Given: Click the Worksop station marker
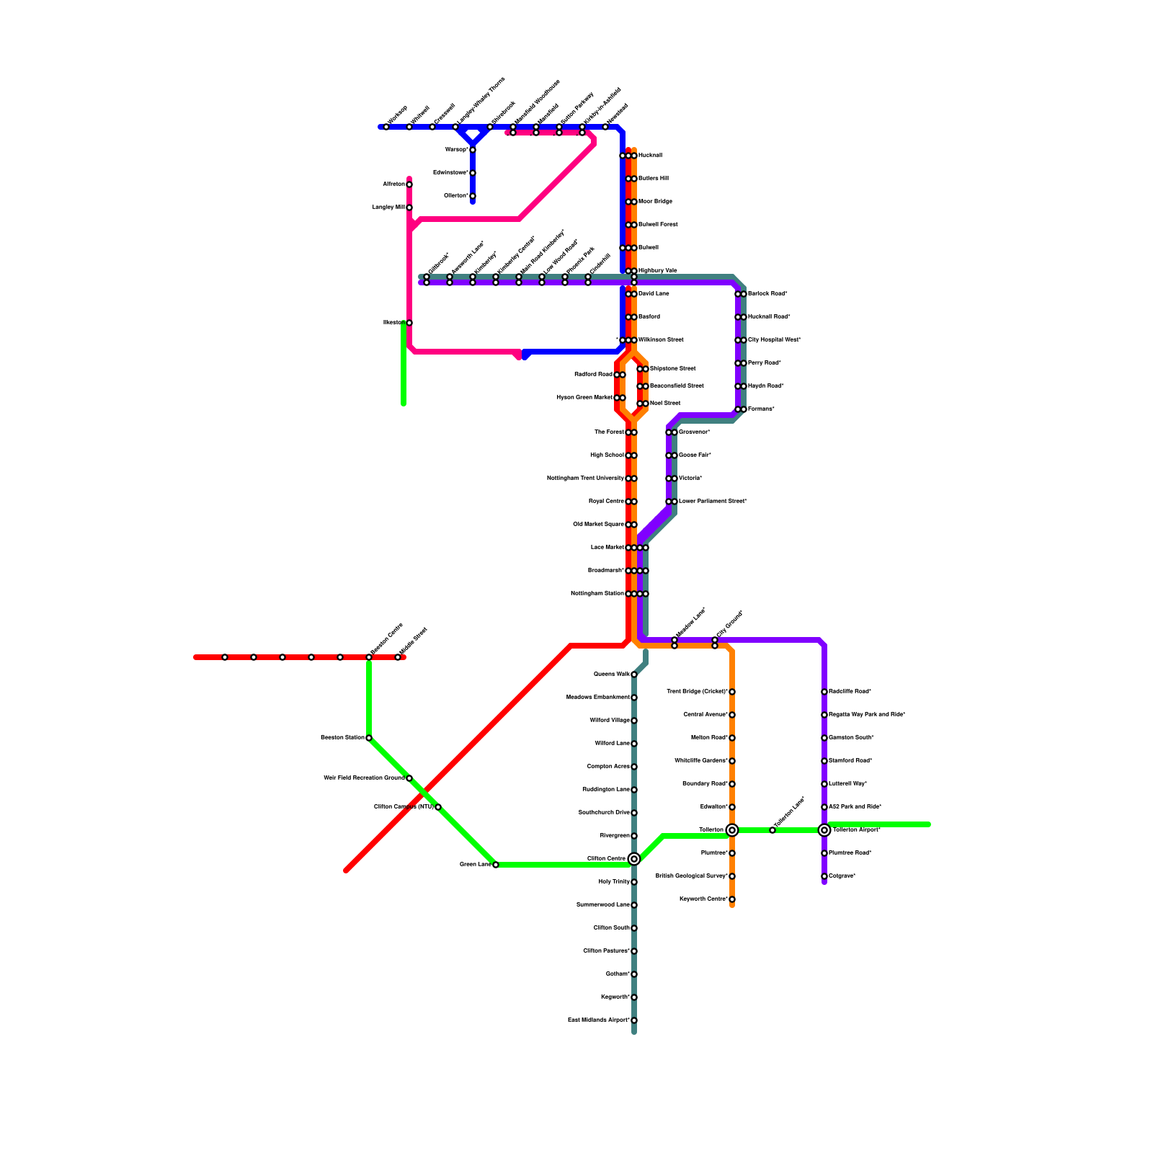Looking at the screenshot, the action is coord(386,127).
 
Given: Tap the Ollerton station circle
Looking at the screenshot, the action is coord(473,196).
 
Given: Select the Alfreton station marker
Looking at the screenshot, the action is coord(409,184).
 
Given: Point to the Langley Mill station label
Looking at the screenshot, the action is coord(388,208).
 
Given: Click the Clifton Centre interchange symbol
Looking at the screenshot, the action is coord(634,859).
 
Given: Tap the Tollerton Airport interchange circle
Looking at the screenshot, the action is coord(824,830).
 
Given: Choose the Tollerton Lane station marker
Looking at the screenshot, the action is coord(773,830).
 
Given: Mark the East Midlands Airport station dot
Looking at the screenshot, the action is coord(634,1020).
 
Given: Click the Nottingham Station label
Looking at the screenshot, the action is coord(597,594).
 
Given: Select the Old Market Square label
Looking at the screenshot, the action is coord(598,525).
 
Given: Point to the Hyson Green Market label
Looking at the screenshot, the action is coord(584,398).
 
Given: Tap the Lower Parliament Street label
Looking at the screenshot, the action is coord(713,502).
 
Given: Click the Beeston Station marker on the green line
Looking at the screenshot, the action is coord(369,738).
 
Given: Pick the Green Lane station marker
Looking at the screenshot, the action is coord(496,865).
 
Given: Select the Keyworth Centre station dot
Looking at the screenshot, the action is coord(732,899).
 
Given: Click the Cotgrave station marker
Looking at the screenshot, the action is coord(824,876).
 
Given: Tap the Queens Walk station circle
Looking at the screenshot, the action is coord(634,675).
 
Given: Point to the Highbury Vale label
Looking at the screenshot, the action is coord(658,271).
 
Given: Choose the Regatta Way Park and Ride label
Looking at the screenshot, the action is coord(867,715).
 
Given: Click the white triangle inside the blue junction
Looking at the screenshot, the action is coord(473,135).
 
